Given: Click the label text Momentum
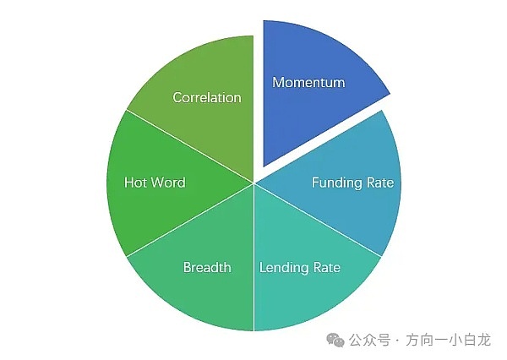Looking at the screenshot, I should [308, 83].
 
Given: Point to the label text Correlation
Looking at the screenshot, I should [207, 97].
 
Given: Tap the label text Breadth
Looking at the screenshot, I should [207, 268].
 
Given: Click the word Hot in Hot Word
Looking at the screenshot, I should [136, 183].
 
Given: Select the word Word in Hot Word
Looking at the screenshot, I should [168, 183].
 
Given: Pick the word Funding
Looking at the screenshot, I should [338, 183].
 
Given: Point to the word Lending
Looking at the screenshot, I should [284, 268].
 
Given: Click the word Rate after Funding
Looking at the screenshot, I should [379, 183].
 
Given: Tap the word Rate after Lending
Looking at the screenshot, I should [326, 268].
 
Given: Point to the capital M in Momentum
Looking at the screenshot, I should [277, 83].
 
